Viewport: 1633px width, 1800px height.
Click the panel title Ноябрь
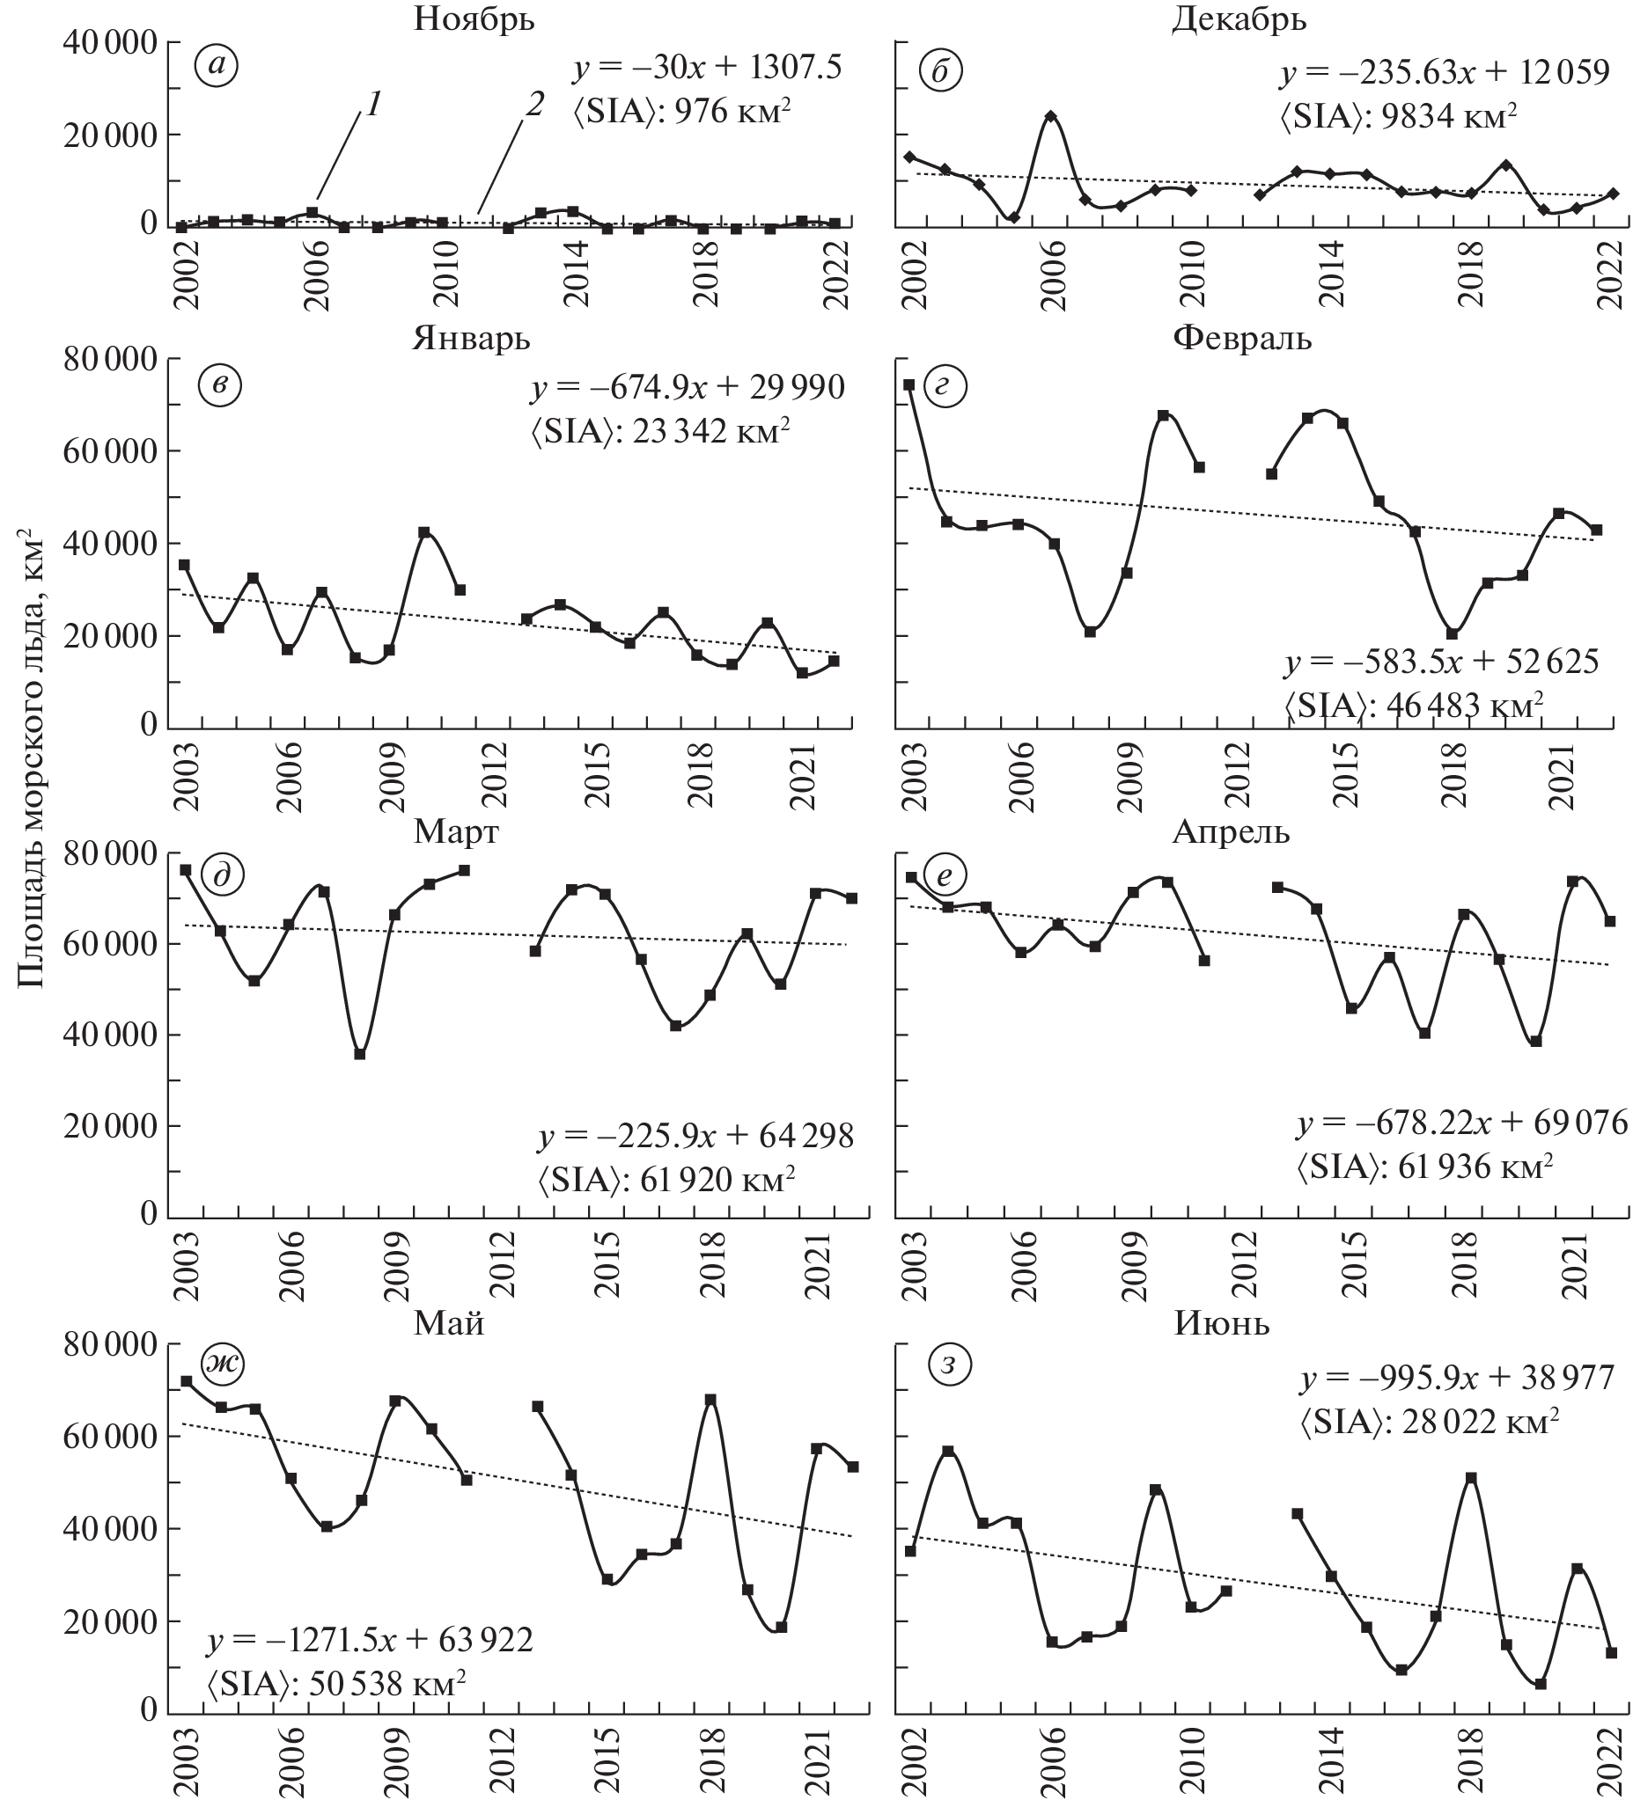click(x=474, y=18)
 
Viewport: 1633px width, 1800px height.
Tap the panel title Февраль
click(x=1242, y=339)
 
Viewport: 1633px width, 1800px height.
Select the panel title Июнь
click(x=1221, y=1323)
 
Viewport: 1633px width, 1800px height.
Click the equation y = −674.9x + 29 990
click(x=688, y=388)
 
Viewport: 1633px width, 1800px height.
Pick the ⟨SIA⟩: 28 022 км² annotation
click(x=1431, y=1420)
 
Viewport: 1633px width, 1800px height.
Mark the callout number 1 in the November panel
click(x=373, y=106)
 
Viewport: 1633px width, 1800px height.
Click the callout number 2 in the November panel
click(x=533, y=106)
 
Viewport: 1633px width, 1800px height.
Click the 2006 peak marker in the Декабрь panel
click(x=1050, y=117)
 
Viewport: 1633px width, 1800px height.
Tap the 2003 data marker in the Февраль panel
click(x=909, y=384)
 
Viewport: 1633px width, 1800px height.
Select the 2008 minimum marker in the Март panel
click(x=360, y=1055)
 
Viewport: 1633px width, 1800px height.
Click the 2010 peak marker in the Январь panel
click(x=424, y=532)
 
